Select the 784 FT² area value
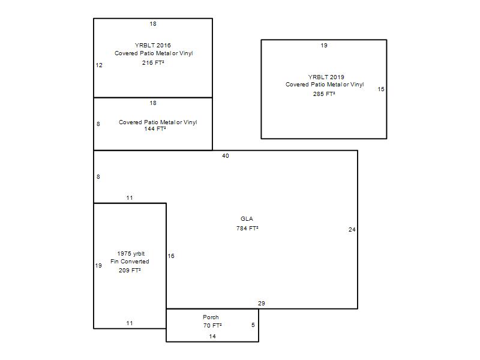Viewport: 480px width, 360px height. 247,229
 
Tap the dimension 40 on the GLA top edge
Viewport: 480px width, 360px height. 226,156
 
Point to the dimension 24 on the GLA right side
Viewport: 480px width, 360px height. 352,230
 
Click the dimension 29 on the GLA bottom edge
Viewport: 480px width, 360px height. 261,304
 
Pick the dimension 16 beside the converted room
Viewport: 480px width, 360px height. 171,256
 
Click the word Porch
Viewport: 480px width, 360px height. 211,317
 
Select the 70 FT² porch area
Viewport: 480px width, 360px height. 212,326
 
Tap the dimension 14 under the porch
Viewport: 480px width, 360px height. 212,337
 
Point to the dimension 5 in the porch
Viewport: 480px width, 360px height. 253,325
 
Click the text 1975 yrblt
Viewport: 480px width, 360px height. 131,254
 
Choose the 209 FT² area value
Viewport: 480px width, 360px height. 130,271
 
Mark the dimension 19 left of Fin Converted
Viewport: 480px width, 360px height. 98,266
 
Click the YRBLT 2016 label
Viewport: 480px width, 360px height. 152,45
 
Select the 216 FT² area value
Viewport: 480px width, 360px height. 153,63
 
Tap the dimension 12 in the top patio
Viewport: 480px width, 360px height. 99,65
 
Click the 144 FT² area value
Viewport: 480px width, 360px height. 155,129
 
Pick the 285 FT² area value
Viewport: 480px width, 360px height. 324,94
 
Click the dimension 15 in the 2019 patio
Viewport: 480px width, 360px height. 381,89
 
